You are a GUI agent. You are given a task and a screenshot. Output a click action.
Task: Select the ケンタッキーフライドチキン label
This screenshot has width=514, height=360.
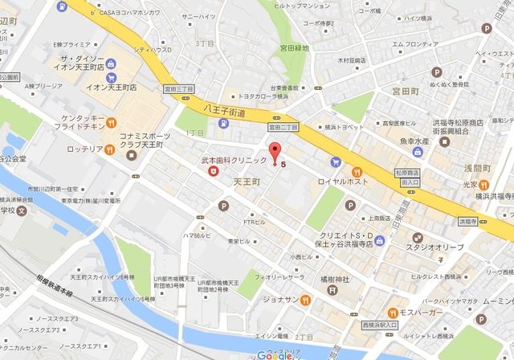63,124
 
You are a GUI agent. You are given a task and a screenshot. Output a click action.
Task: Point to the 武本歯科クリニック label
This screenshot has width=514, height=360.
234,161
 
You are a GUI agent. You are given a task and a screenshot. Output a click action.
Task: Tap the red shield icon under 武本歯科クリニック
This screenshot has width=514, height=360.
213,170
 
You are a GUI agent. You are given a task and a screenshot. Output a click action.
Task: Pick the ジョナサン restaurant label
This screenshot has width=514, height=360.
298,299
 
